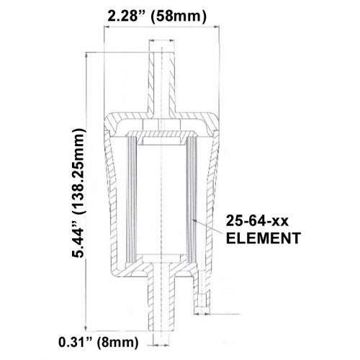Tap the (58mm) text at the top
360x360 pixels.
click(x=179, y=17)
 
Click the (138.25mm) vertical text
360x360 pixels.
click(x=78, y=171)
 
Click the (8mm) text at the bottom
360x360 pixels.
click(x=117, y=342)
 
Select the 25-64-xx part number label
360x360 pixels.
click(x=257, y=220)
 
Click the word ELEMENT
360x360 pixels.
click(x=264, y=238)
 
